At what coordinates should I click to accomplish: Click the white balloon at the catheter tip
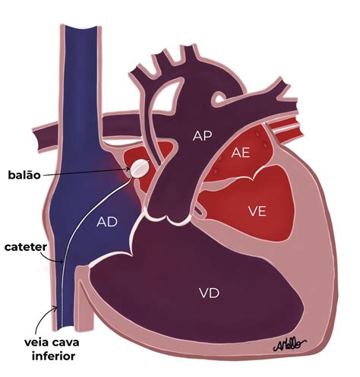pos(139,169)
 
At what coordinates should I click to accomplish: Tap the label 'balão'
pos(24,175)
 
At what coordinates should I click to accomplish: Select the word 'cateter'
pos(26,247)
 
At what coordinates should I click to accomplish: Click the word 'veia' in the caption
pos(37,342)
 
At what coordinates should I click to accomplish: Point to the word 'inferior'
pos(53,356)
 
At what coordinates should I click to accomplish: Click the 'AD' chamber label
pos(107,222)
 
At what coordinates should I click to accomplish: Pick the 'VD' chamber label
pos(209,293)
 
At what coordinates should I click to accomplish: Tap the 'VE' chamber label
pos(257,211)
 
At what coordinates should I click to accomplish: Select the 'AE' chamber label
pos(241,153)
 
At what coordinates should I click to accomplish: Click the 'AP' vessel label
pos(202,136)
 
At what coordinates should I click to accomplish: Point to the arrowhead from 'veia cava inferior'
pos(55,308)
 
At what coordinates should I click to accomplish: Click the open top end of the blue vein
pos(81,27)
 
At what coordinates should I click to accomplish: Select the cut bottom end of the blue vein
pos(65,328)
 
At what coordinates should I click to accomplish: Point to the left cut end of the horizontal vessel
pos(37,138)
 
